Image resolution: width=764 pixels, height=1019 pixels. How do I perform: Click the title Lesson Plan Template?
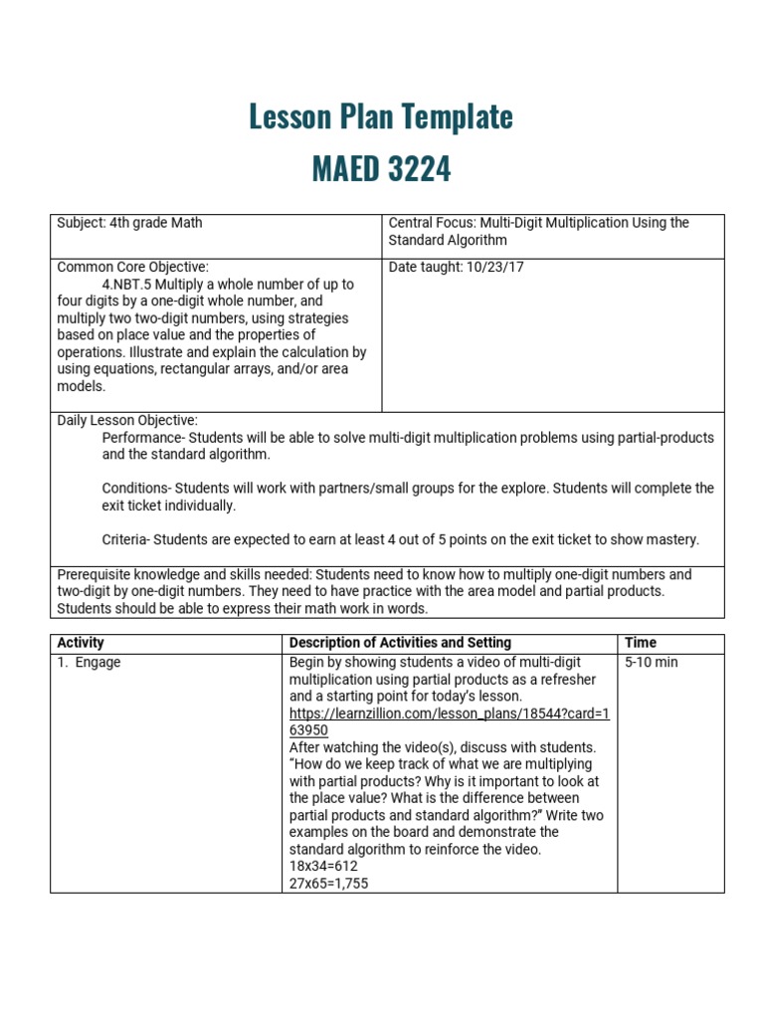click(381, 117)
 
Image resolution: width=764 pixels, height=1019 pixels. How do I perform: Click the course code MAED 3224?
click(381, 169)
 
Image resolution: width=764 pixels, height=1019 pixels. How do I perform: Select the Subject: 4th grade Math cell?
click(129, 223)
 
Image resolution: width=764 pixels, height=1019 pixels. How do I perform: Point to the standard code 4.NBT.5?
click(131, 285)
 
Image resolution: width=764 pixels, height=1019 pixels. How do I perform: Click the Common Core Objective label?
click(132, 267)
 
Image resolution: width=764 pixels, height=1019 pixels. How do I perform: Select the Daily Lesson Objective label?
click(127, 421)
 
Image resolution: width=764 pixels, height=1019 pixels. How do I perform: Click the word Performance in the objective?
click(142, 438)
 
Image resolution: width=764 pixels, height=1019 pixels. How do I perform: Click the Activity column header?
click(81, 643)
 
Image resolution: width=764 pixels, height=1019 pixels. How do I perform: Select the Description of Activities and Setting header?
click(400, 643)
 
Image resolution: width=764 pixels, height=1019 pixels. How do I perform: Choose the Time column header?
click(641, 643)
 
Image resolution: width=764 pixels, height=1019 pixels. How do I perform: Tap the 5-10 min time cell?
click(652, 663)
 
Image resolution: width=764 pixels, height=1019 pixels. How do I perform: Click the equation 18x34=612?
click(323, 866)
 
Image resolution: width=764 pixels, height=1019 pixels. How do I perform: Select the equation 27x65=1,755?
click(328, 883)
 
